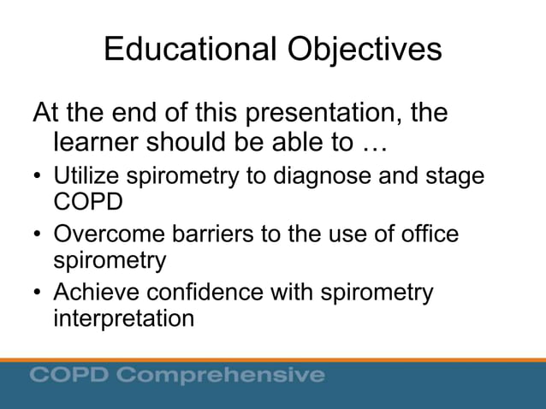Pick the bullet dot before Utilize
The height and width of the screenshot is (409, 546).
tap(38, 178)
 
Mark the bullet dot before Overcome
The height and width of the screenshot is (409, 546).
tap(38, 235)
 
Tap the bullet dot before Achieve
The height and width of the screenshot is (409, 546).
tap(38, 294)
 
